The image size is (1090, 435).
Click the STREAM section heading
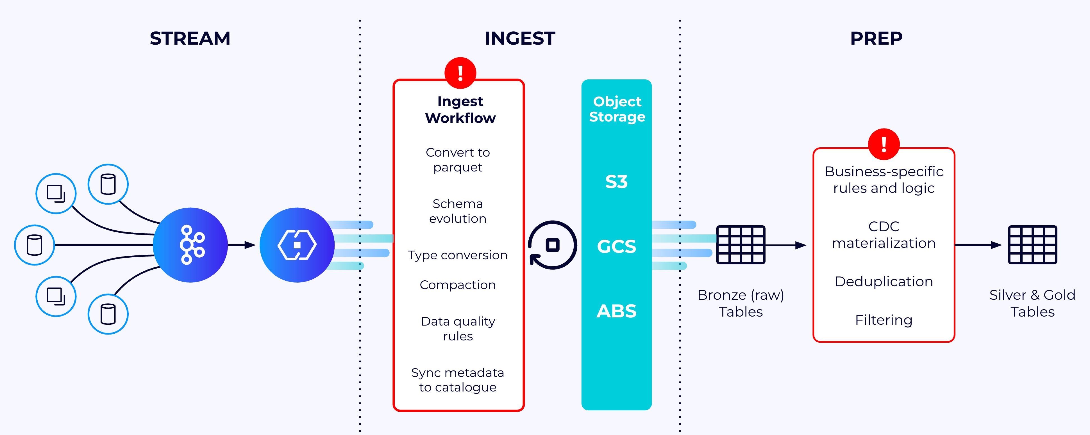(x=190, y=38)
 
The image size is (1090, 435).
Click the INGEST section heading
(x=520, y=38)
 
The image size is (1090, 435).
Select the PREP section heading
(x=876, y=38)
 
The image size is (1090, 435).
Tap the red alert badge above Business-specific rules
(x=884, y=144)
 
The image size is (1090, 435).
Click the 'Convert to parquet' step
(x=458, y=160)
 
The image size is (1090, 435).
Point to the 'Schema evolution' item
(x=458, y=211)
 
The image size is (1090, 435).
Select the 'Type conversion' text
(x=458, y=255)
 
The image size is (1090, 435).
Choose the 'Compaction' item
(x=458, y=285)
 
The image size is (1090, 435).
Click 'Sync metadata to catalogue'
(x=458, y=380)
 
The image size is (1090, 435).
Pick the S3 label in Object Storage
(x=617, y=182)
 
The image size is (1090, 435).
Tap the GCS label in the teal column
(x=617, y=246)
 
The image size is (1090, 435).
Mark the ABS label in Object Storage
(x=617, y=311)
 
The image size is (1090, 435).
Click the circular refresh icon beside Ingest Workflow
(x=552, y=245)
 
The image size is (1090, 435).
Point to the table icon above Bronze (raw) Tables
(x=741, y=245)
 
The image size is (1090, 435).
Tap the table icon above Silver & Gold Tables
(x=1032, y=245)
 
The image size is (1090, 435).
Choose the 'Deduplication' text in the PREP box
(x=884, y=281)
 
